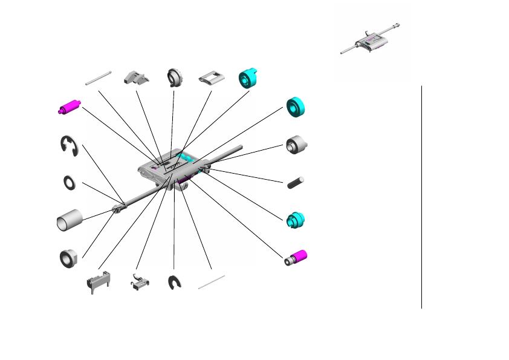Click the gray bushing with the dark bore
[x=69, y=258]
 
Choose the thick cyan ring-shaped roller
[x=296, y=107]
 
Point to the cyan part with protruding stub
[x=248, y=77]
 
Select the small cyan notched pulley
[x=296, y=220]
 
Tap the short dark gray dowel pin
[x=296, y=182]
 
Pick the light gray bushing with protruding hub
[x=296, y=145]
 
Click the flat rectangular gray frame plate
[x=210, y=79]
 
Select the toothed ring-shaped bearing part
[x=175, y=77]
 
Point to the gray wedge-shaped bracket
[x=136, y=77]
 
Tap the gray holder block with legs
[x=98, y=282]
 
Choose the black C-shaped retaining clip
[x=175, y=283]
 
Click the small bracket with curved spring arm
[x=138, y=282]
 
